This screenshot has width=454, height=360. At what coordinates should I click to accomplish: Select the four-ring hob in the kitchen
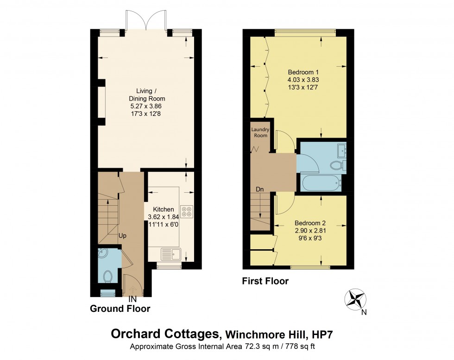(187, 211)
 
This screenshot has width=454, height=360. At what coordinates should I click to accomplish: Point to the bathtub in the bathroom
(321, 183)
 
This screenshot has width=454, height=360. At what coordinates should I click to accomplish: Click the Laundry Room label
(260, 133)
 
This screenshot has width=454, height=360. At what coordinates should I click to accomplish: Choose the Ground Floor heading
(120, 309)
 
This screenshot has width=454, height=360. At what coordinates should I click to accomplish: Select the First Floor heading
(265, 281)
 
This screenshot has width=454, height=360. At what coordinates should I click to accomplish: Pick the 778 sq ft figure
(301, 346)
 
